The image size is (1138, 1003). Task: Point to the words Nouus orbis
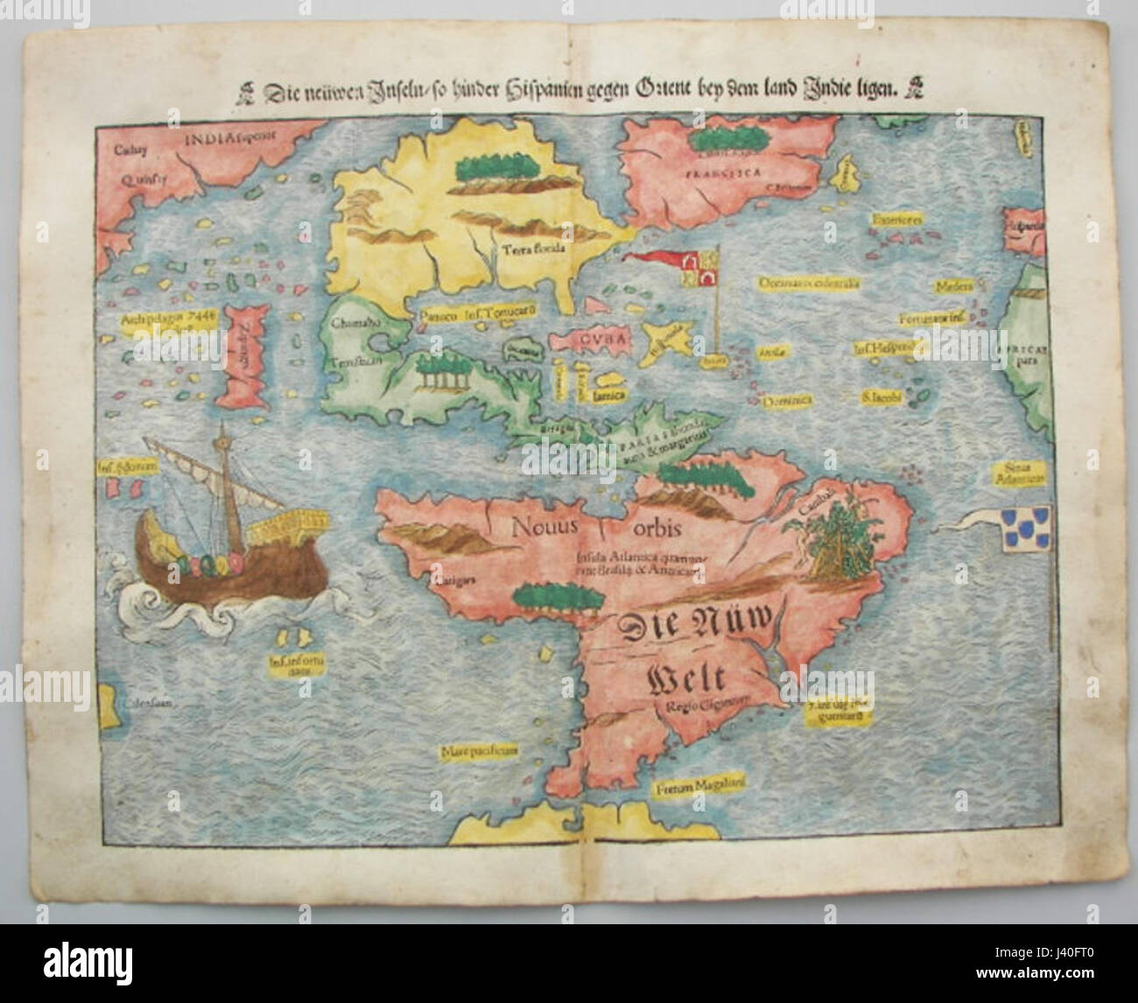tap(596, 529)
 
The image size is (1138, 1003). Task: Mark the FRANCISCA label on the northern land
tap(720, 172)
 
